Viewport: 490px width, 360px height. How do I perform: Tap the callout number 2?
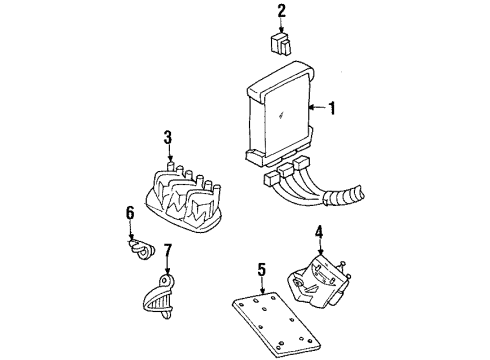(x=281, y=12)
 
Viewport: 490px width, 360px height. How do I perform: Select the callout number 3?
(x=169, y=137)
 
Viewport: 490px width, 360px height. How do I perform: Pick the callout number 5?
(x=261, y=269)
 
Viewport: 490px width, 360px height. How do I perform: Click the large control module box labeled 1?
(x=275, y=115)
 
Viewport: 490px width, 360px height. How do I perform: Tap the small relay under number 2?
(x=281, y=43)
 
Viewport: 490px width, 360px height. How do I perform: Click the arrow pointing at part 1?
(x=316, y=108)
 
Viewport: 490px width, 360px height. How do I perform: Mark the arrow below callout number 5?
(x=261, y=283)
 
